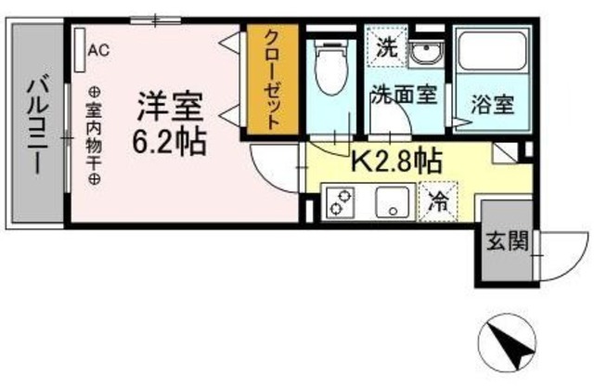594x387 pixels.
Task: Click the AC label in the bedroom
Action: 98,51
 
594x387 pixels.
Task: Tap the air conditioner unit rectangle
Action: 81,45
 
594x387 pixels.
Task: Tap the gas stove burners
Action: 340,201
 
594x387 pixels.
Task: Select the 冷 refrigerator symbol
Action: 435,200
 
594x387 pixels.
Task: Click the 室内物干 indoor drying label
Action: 95,135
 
